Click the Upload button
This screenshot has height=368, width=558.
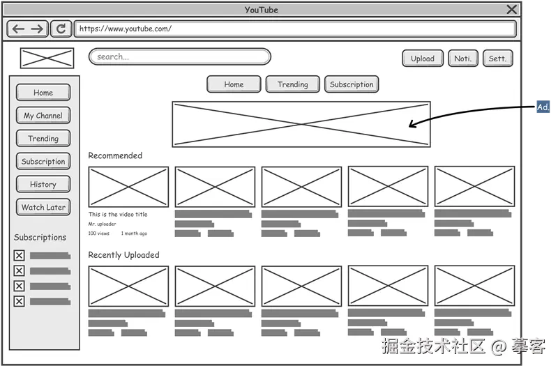coord(423,59)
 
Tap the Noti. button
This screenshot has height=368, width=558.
coord(462,59)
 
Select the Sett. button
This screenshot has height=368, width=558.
coord(497,59)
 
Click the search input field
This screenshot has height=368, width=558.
coord(180,57)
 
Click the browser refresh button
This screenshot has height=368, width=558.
coord(61,29)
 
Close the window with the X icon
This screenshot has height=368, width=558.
coord(512,9)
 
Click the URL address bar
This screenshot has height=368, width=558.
coord(295,29)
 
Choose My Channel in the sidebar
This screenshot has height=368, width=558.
coord(43,116)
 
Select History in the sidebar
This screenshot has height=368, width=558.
coord(43,184)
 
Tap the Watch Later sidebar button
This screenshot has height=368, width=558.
coord(43,207)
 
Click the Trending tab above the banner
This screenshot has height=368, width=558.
coord(292,84)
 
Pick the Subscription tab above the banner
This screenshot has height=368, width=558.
coord(352,84)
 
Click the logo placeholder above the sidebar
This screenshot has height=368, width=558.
coord(47,58)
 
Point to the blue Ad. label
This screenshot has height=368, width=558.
coord(543,107)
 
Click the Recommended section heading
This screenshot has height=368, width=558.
coord(115,155)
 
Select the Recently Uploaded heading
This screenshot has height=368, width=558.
coord(123,255)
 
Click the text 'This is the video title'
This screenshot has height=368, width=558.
coord(118,215)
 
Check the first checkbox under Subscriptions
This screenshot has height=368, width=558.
coord(20,255)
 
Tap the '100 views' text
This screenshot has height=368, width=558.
coord(98,233)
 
